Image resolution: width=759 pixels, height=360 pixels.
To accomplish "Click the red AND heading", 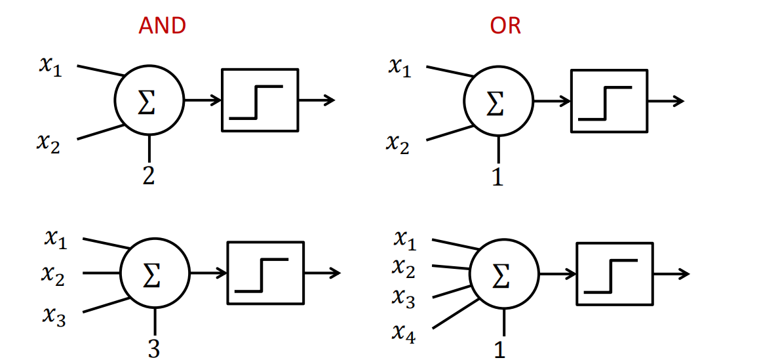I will pos(162,26).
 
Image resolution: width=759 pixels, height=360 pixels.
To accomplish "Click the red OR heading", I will pos(505,26).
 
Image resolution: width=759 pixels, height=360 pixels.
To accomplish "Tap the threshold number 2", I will pos(149,176).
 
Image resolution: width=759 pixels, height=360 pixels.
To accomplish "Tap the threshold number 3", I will pos(153,348).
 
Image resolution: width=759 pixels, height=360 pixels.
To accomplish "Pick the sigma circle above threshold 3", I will pos(154,273).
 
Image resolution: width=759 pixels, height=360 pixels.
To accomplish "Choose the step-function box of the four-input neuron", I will pos(614,273).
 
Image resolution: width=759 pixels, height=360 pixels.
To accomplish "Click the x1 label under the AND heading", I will pos(50,67).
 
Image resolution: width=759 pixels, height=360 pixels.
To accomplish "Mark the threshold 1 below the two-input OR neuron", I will pos(498,177).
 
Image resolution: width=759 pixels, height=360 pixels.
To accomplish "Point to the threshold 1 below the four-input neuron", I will pos(500,350).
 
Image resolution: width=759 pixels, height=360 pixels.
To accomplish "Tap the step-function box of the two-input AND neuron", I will pos(260,100).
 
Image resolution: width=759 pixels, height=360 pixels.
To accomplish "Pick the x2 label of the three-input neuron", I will pos(53,276).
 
